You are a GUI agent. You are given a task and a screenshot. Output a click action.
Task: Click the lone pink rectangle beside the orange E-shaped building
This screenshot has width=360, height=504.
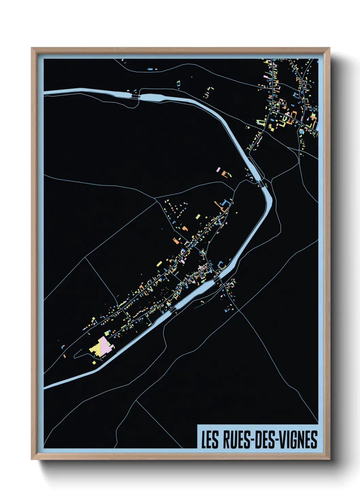(218, 169)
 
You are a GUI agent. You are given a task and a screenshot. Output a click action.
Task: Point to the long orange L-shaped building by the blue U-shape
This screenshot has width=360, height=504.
(217, 205)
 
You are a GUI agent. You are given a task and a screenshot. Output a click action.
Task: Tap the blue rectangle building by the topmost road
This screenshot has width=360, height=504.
(150, 69)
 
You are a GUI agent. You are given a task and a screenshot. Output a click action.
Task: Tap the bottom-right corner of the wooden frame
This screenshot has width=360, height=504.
(329, 459)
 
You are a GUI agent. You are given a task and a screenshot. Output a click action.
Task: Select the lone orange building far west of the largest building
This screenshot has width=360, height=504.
(64, 356)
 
